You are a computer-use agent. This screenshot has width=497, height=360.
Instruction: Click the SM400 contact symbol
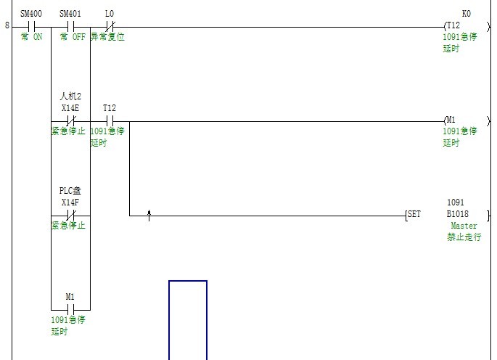31,27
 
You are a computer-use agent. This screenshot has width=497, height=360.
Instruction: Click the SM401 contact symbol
70,27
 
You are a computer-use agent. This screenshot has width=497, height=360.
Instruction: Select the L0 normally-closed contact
110,27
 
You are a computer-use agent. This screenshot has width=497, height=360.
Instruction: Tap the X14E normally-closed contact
70,120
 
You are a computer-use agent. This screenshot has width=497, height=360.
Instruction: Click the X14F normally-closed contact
70,215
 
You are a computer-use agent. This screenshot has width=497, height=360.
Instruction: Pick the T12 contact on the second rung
110,120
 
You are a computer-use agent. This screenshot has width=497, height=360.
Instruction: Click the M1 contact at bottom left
70,308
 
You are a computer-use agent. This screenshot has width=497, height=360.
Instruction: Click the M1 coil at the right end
451,120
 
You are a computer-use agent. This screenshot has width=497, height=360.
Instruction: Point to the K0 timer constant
466,14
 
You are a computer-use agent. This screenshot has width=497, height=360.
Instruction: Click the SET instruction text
414,215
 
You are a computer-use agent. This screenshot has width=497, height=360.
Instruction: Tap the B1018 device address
458,215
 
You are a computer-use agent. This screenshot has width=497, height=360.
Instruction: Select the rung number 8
7,27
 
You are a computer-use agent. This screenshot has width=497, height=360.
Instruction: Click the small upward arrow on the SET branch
149,215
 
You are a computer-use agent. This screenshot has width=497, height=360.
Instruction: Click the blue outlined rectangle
188,319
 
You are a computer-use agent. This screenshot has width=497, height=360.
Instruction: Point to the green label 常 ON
31,37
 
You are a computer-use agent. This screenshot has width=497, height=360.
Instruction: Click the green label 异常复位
107,37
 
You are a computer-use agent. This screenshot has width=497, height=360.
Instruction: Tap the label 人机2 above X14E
70,97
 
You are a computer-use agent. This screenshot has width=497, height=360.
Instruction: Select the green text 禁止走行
464,238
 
